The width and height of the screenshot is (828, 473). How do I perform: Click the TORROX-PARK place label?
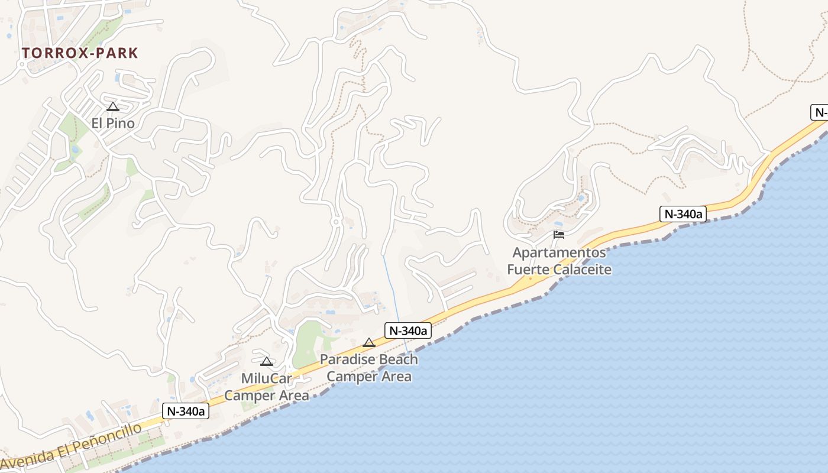(80, 53)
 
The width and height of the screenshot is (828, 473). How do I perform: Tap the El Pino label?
(113, 123)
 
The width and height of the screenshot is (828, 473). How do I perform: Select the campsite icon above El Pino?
(113, 107)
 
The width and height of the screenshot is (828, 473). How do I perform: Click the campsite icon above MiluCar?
(267, 361)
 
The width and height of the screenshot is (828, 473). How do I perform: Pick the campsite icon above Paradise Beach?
(369, 342)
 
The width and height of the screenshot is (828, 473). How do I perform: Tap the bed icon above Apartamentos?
(559, 235)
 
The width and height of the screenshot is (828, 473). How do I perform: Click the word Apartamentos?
(559, 253)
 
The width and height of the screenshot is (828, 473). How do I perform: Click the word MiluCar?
(267, 378)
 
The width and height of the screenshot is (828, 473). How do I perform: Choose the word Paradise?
(347, 359)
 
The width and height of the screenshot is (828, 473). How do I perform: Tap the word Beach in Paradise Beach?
(398, 359)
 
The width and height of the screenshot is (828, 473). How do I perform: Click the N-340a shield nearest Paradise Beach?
(408, 331)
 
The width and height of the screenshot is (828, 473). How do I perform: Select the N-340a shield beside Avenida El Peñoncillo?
(186, 411)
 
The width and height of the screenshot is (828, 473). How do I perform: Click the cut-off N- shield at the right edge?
(819, 112)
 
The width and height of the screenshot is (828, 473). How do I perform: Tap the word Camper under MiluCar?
(247, 395)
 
